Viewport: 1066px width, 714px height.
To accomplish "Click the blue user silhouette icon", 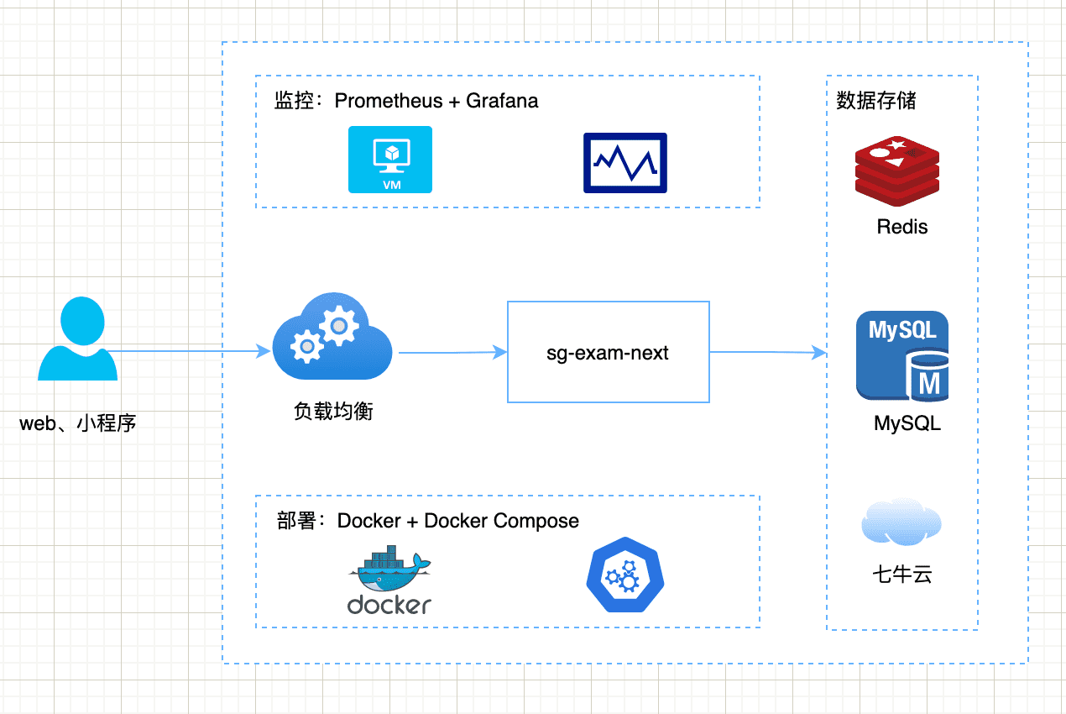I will coord(77,340).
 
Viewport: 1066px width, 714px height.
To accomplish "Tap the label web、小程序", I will coord(77,423).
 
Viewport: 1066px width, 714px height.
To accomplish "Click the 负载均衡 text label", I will coord(333,411).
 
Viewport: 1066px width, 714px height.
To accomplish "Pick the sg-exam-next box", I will coord(609,353).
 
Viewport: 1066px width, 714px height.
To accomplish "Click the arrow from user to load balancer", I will coord(185,352).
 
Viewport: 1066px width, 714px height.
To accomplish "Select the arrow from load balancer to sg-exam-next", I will coord(453,353).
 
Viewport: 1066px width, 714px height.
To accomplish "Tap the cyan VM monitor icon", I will coord(390,160).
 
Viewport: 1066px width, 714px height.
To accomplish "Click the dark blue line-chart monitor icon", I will coord(625,162).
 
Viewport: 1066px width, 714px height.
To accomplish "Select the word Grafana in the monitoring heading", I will coord(502,101).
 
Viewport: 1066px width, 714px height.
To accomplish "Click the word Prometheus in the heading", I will coord(388,101).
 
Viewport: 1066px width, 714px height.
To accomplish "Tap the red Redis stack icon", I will coord(896,171).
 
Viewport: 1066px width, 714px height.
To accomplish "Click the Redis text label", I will coord(902,227).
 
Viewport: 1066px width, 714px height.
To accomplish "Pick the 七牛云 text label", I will coord(902,575).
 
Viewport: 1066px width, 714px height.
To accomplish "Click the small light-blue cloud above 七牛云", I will coord(901,522).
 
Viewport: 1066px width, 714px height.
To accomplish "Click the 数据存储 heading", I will coord(876,101).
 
